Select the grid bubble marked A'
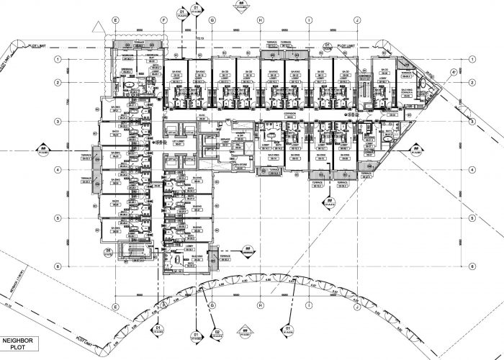[x=454, y=73]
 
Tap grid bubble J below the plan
[x=357, y=305]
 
